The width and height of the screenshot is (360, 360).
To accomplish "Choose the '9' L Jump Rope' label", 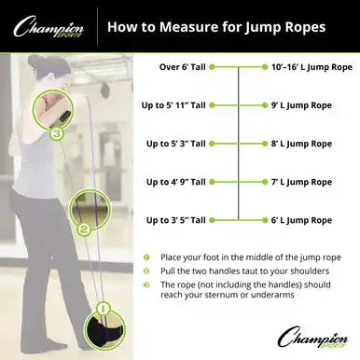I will (x=300, y=105).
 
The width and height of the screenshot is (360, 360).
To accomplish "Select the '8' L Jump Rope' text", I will (x=300, y=144).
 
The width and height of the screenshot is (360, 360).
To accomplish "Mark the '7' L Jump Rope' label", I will (x=300, y=182).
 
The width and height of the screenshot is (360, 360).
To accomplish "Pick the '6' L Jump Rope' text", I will (x=300, y=220).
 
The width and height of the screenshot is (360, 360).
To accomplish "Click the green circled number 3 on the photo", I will (x=57, y=132).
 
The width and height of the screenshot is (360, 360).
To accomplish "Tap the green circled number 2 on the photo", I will (x=84, y=227).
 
